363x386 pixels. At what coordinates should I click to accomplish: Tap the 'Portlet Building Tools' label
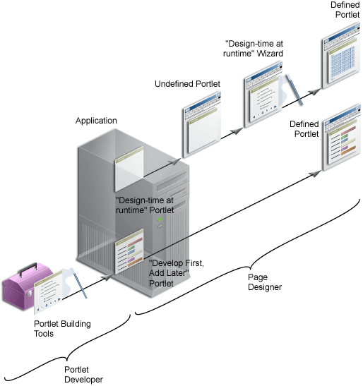tap(63, 329)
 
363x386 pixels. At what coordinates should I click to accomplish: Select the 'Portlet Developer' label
tap(83, 374)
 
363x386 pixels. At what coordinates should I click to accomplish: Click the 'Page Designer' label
tap(264, 282)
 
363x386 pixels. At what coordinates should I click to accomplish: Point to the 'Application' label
tap(96, 121)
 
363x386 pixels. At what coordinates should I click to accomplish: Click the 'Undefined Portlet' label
tap(187, 84)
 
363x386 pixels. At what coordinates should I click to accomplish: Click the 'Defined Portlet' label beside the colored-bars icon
tap(304, 128)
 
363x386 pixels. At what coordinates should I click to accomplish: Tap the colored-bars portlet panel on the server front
tap(128, 253)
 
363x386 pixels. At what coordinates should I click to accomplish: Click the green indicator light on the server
tap(160, 219)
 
